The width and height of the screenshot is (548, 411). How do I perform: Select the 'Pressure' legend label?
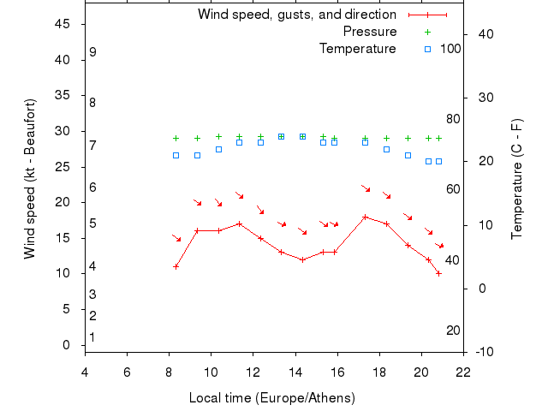(369, 32)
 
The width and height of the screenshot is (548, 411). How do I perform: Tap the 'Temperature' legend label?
(357, 49)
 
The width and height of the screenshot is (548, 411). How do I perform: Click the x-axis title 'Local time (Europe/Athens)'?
(271, 398)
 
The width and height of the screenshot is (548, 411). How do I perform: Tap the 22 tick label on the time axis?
(463, 372)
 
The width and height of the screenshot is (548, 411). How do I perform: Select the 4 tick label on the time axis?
(85, 372)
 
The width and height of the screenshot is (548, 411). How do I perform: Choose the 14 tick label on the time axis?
(295, 372)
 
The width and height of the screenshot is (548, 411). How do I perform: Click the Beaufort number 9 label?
(92, 52)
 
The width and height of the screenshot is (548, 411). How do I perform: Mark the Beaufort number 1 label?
(92, 337)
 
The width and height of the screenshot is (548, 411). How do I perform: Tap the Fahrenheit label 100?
(450, 49)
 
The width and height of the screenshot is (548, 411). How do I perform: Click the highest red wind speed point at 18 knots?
(366, 217)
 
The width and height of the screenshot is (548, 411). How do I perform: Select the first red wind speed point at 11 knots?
(176, 266)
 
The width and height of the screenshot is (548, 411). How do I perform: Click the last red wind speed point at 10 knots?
(438, 273)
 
